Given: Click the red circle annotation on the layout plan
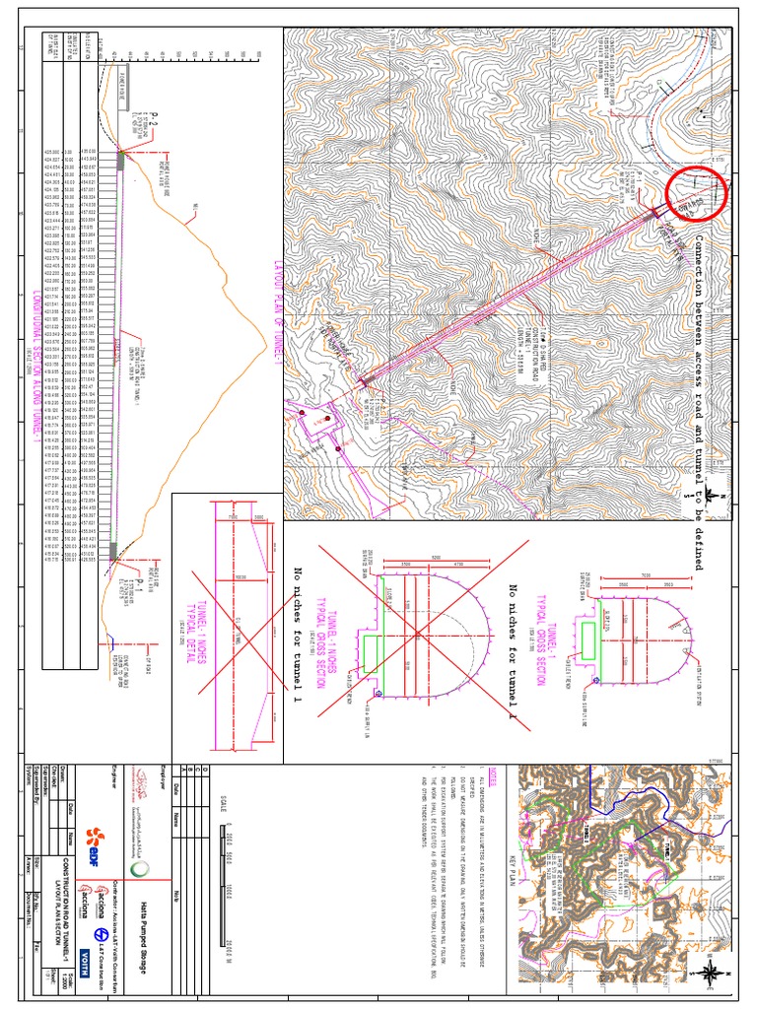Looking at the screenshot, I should [x=696, y=196].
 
